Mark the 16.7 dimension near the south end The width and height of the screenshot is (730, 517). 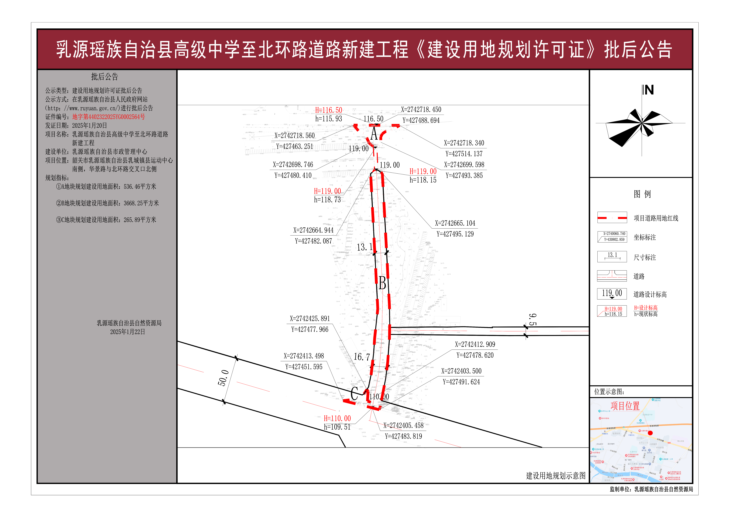pos(362,357)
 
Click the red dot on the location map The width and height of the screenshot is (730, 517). pos(650,433)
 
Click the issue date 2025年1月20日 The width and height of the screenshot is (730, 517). pos(89,125)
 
